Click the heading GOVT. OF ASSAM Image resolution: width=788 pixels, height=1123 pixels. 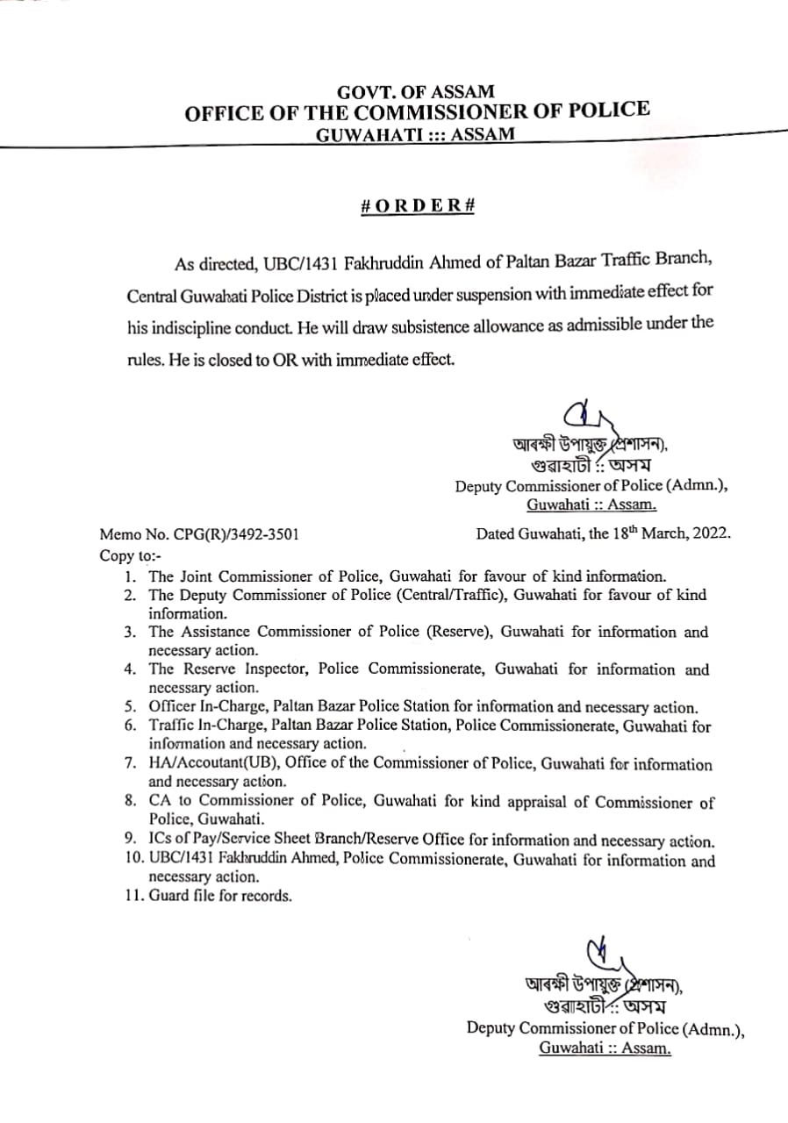[x=416, y=91]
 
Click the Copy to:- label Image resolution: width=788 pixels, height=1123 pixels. [x=131, y=555]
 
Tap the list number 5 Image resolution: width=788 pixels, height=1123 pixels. [x=130, y=707]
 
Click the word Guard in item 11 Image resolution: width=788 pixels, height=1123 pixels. [x=168, y=896]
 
